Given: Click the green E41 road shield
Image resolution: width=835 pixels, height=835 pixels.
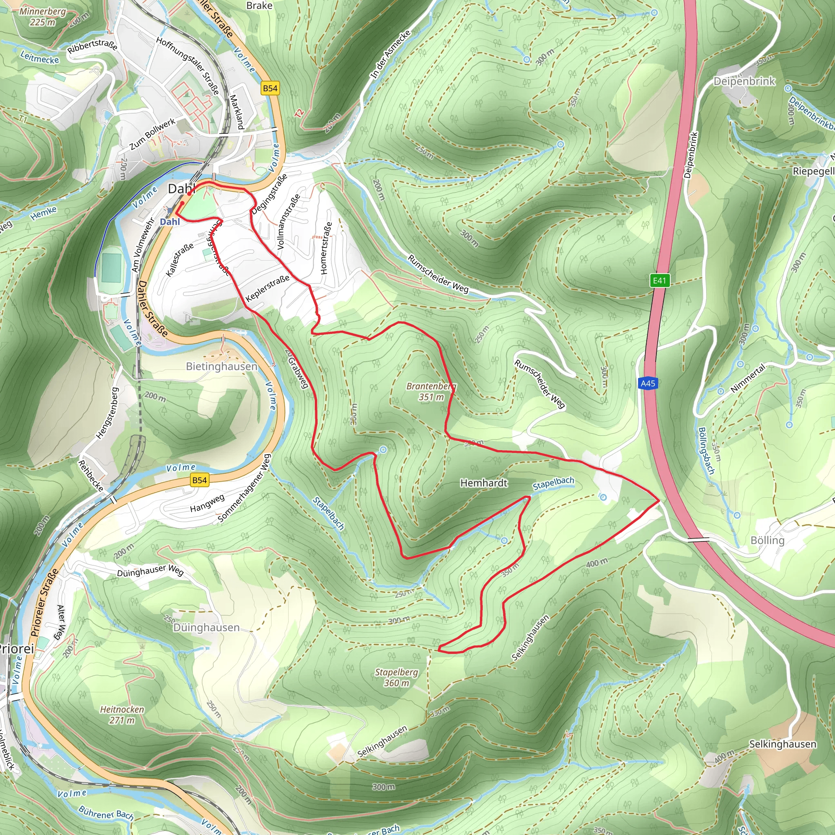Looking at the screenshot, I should (660, 281).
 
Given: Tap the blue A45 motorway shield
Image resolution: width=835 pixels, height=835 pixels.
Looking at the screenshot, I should (648, 383).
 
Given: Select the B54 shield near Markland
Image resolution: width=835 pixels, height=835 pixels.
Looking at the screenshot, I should (270, 88).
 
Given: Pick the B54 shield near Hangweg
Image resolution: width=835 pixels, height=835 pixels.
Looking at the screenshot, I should (199, 480).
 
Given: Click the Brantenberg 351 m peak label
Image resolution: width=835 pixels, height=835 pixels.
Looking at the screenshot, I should (431, 391).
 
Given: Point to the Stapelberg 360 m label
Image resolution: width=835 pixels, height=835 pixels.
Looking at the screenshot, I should (396, 677).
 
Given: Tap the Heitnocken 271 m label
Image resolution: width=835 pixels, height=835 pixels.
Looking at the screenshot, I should (122, 714).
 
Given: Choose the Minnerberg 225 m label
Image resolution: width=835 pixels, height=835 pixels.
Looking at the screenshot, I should (42, 16).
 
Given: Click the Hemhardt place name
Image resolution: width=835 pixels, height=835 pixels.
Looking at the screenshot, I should (484, 483).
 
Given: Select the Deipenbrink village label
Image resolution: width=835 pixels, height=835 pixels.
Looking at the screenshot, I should (744, 81).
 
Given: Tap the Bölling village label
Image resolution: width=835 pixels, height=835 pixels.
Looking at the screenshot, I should (767, 540).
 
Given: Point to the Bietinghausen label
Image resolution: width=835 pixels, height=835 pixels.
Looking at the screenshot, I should (221, 367).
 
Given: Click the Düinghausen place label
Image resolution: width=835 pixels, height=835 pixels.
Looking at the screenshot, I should (206, 627).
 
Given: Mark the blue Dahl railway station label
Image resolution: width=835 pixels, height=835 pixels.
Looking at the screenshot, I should (170, 222).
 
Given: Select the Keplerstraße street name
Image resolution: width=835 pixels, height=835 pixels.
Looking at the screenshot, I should (267, 288).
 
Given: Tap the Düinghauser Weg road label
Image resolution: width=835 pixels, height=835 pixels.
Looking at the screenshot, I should (150, 570).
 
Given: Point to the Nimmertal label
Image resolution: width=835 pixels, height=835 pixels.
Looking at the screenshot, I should (747, 378).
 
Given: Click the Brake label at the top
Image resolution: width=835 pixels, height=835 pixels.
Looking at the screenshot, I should (259, 6).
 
